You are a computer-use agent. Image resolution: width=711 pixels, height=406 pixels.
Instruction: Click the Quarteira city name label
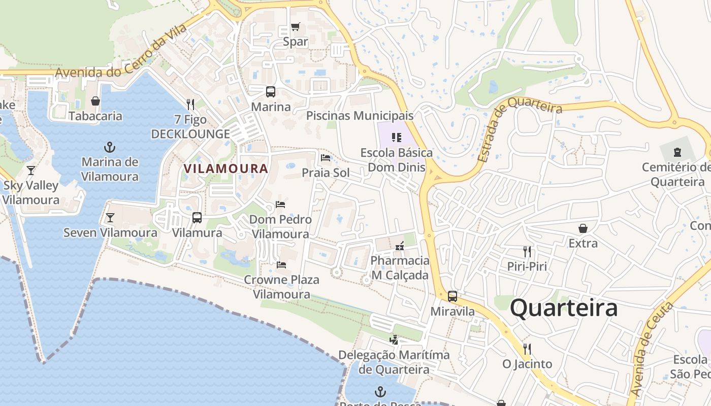[x=564, y=308]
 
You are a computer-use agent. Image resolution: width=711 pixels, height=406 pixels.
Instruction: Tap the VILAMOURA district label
[x=225, y=168]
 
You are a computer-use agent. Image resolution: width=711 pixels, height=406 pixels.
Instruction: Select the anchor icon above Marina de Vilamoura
[x=110, y=148]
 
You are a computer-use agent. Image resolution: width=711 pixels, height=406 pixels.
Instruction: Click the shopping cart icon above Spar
[x=295, y=27]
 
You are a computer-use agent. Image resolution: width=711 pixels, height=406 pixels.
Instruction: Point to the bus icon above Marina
[x=271, y=92]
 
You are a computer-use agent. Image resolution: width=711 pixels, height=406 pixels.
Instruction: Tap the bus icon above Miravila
[x=453, y=296]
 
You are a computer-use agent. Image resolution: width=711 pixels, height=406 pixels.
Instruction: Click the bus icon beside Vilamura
[x=197, y=218]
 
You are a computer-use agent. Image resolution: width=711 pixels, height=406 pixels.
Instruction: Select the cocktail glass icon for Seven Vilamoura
[x=110, y=218]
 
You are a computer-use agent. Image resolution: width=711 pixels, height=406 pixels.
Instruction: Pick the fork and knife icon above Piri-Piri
[x=527, y=251]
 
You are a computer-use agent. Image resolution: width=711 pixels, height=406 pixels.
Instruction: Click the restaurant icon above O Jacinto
[x=527, y=349]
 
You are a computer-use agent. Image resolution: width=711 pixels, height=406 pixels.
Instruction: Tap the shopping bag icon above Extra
[x=583, y=228]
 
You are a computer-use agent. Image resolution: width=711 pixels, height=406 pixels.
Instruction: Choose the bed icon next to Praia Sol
[x=326, y=158]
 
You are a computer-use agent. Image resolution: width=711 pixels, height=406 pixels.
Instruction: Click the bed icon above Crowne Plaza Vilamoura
[x=281, y=264]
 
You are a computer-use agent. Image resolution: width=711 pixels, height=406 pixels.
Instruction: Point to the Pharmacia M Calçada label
[x=400, y=268]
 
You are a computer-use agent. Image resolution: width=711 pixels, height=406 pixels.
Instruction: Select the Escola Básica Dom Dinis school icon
[x=397, y=138]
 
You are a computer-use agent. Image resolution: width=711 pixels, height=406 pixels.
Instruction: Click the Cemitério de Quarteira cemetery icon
[x=677, y=152]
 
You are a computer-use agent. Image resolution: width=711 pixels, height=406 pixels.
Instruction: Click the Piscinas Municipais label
[x=360, y=116]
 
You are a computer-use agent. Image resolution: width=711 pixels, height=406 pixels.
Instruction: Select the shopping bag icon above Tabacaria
[x=95, y=101]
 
